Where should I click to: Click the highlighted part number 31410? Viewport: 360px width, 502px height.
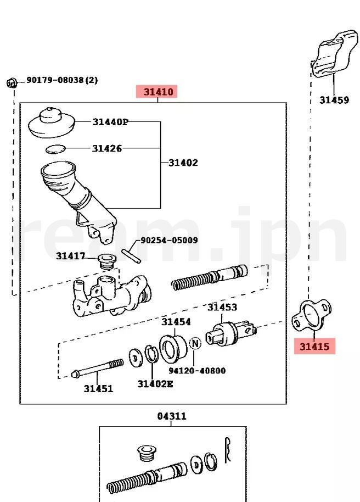158,92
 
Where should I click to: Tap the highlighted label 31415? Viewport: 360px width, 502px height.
314,347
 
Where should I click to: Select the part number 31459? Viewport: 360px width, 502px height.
334,100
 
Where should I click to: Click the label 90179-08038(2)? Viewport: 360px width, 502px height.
62,80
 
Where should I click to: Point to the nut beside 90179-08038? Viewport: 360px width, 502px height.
11,83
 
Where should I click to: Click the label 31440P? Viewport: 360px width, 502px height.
110,122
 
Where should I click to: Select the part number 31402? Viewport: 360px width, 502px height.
183,163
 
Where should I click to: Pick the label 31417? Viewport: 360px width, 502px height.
70,255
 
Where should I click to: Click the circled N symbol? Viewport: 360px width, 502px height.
194,344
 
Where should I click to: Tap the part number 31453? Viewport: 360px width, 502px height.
222,308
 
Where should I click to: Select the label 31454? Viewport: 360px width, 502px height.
176,322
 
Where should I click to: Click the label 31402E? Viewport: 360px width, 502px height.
155,384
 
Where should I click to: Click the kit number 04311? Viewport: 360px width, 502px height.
172,416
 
